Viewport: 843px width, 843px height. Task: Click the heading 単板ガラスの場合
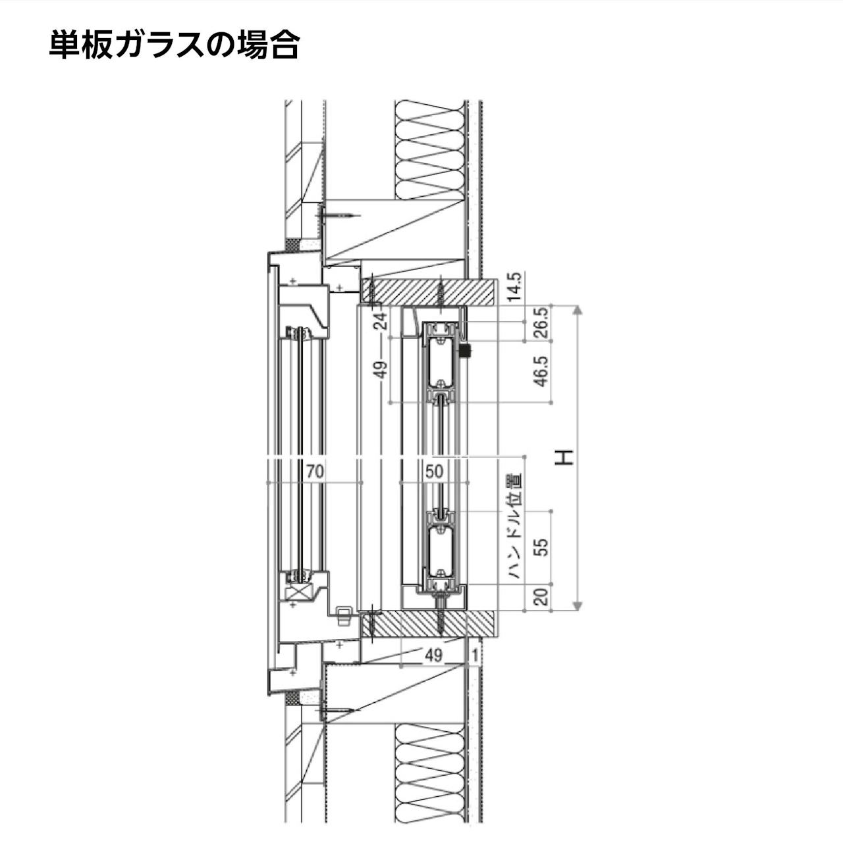tap(175, 45)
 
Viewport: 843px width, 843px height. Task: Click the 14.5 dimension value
tap(514, 288)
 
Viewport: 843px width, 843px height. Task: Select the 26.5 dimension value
tap(541, 323)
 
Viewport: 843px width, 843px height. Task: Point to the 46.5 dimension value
tap(541, 372)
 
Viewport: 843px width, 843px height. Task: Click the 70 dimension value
tap(315, 471)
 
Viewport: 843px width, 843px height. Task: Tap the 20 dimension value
tap(541, 597)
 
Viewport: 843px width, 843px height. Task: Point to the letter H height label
tap(564, 457)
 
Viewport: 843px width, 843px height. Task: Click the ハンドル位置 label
tap(516, 526)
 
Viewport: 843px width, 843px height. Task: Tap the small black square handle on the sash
tap(466, 351)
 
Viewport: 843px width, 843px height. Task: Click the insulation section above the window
tap(428, 149)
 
